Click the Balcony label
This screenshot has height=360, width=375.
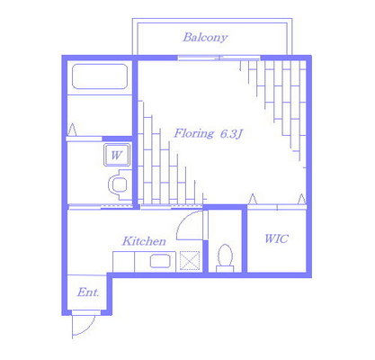pos(205,38)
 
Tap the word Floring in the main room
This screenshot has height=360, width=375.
pos(194,133)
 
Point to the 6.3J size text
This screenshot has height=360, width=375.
pos(231,134)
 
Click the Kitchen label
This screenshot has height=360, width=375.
pos(144,241)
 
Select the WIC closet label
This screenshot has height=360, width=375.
pos(276,238)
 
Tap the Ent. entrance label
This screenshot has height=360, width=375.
pos(88,292)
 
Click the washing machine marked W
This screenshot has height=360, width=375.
pos(117,155)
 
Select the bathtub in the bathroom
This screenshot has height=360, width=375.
pos(100,76)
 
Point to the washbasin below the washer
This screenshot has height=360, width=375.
pos(120,184)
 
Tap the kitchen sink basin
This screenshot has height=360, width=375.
pos(160,261)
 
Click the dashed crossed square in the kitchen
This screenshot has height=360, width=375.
pos(190,261)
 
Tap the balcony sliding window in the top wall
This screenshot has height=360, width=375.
pos(219,58)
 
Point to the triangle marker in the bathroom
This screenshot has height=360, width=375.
pos(72,130)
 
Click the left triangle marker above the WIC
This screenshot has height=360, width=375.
pos(253,199)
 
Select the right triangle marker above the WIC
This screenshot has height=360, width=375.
pos(301,199)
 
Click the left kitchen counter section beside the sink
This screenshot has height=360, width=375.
pos(123,262)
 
